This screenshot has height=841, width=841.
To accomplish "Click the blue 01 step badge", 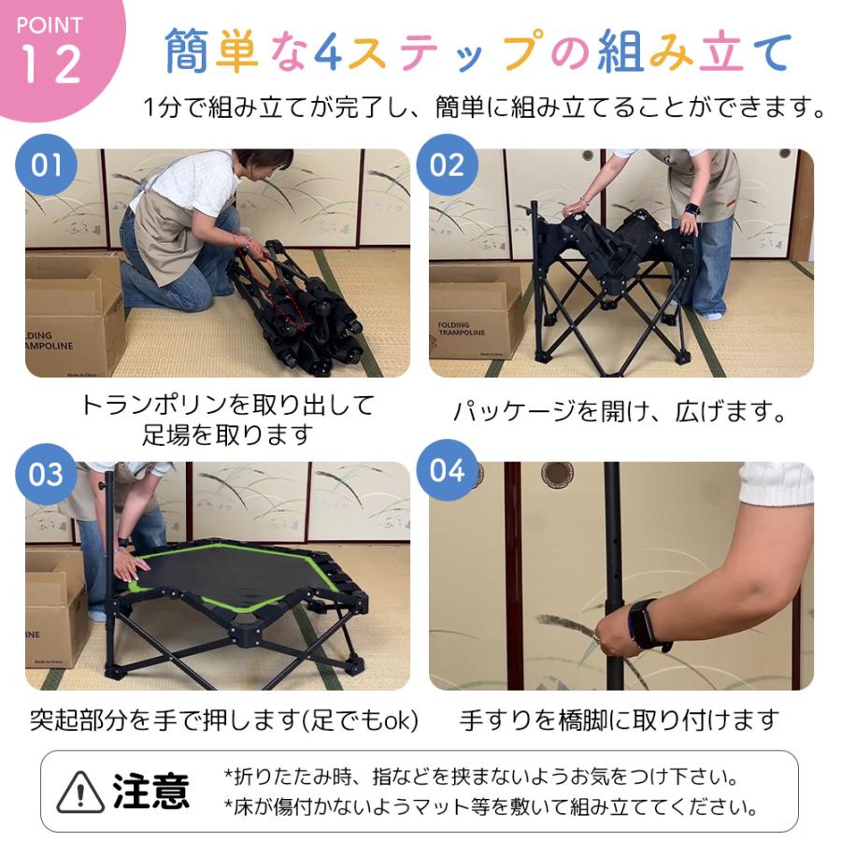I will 47,165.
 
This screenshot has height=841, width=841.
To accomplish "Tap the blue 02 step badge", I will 447,165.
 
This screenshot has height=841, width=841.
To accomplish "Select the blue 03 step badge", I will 47,474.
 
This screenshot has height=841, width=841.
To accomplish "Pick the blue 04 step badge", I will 447,470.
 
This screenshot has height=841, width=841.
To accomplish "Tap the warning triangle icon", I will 80,792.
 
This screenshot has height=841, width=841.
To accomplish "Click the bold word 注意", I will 150,791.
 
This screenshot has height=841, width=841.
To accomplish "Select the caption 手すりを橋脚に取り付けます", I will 620,720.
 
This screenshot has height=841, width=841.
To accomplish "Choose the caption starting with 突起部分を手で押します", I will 223,720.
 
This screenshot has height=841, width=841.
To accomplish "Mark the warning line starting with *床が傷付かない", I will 490,807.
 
